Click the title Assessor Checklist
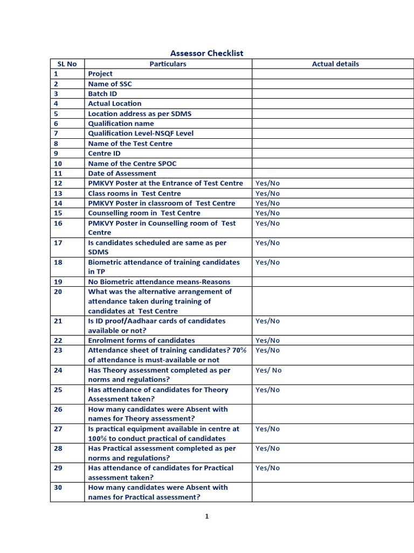coord(206,53)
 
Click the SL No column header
coord(67,64)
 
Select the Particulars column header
coord(168,64)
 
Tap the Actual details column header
coord(335,64)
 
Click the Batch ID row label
coord(102,93)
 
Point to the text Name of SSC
coord(110,84)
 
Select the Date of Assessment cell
coord(122,173)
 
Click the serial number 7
coord(56,133)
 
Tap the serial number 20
coord(58,292)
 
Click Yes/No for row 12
coord(267,183)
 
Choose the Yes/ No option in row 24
coord(268,370)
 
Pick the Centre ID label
coord(104,153)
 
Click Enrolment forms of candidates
coord(141,340)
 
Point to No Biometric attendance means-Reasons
coord(159,282)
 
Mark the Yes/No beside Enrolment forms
coord(267,340)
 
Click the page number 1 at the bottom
coord(206,516)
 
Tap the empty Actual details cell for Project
coord(335,74)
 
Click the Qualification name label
coord(121,123)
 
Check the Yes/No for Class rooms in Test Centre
coord(267,193)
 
